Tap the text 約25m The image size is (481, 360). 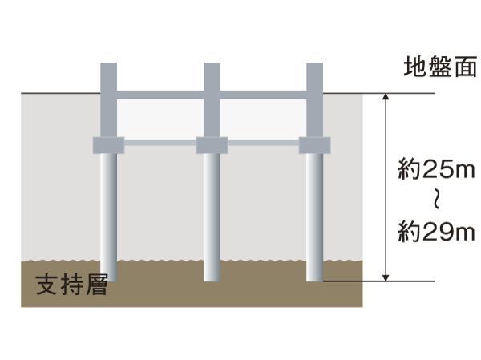tap(436, 168)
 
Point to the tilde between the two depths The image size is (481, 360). tap(437, 200)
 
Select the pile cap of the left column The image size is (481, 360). tap(109, 145)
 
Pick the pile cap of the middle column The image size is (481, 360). tap(212, 145)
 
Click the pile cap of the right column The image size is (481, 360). tap(314, 145)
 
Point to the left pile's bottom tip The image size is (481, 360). tap(109, 278)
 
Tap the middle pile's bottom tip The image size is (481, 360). tap(212, 278)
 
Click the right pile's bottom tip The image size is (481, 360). tap(314, 278)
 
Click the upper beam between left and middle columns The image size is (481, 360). tap(160, 94)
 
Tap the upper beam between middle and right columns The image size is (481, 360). tap(263, 94)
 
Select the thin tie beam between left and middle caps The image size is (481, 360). tap(160, 144)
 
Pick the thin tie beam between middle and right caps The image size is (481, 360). tap(263, 144)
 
